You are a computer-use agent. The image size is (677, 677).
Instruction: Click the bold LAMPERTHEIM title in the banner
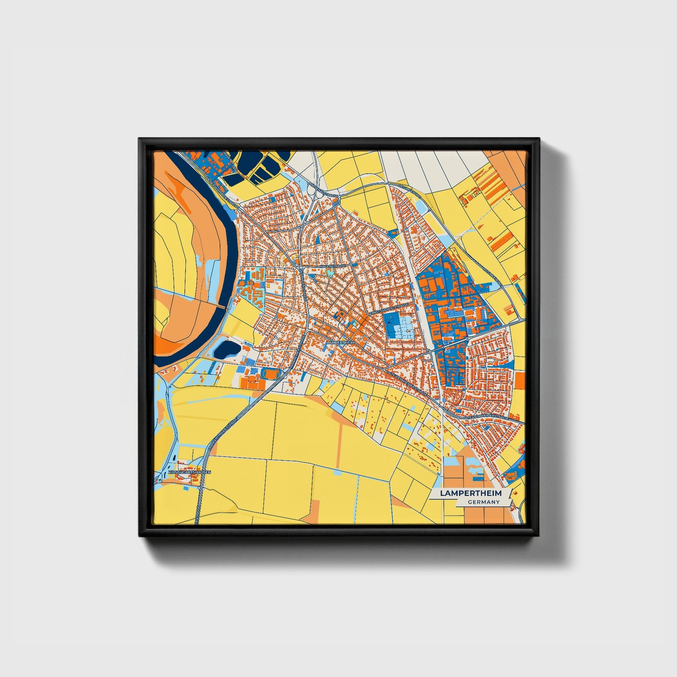pyautogui.click(x=470, y=493)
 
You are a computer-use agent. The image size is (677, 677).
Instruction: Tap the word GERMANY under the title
pyautogui.click(x=484, y=502)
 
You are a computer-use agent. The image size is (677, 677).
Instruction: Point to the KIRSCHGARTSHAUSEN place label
pyautogui.click(x=190, y=472)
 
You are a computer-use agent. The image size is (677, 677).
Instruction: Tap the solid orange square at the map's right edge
pyautogui.click(x=520, y=380)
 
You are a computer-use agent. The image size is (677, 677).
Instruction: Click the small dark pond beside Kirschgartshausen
pyautogui.click(x=174, y=460)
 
